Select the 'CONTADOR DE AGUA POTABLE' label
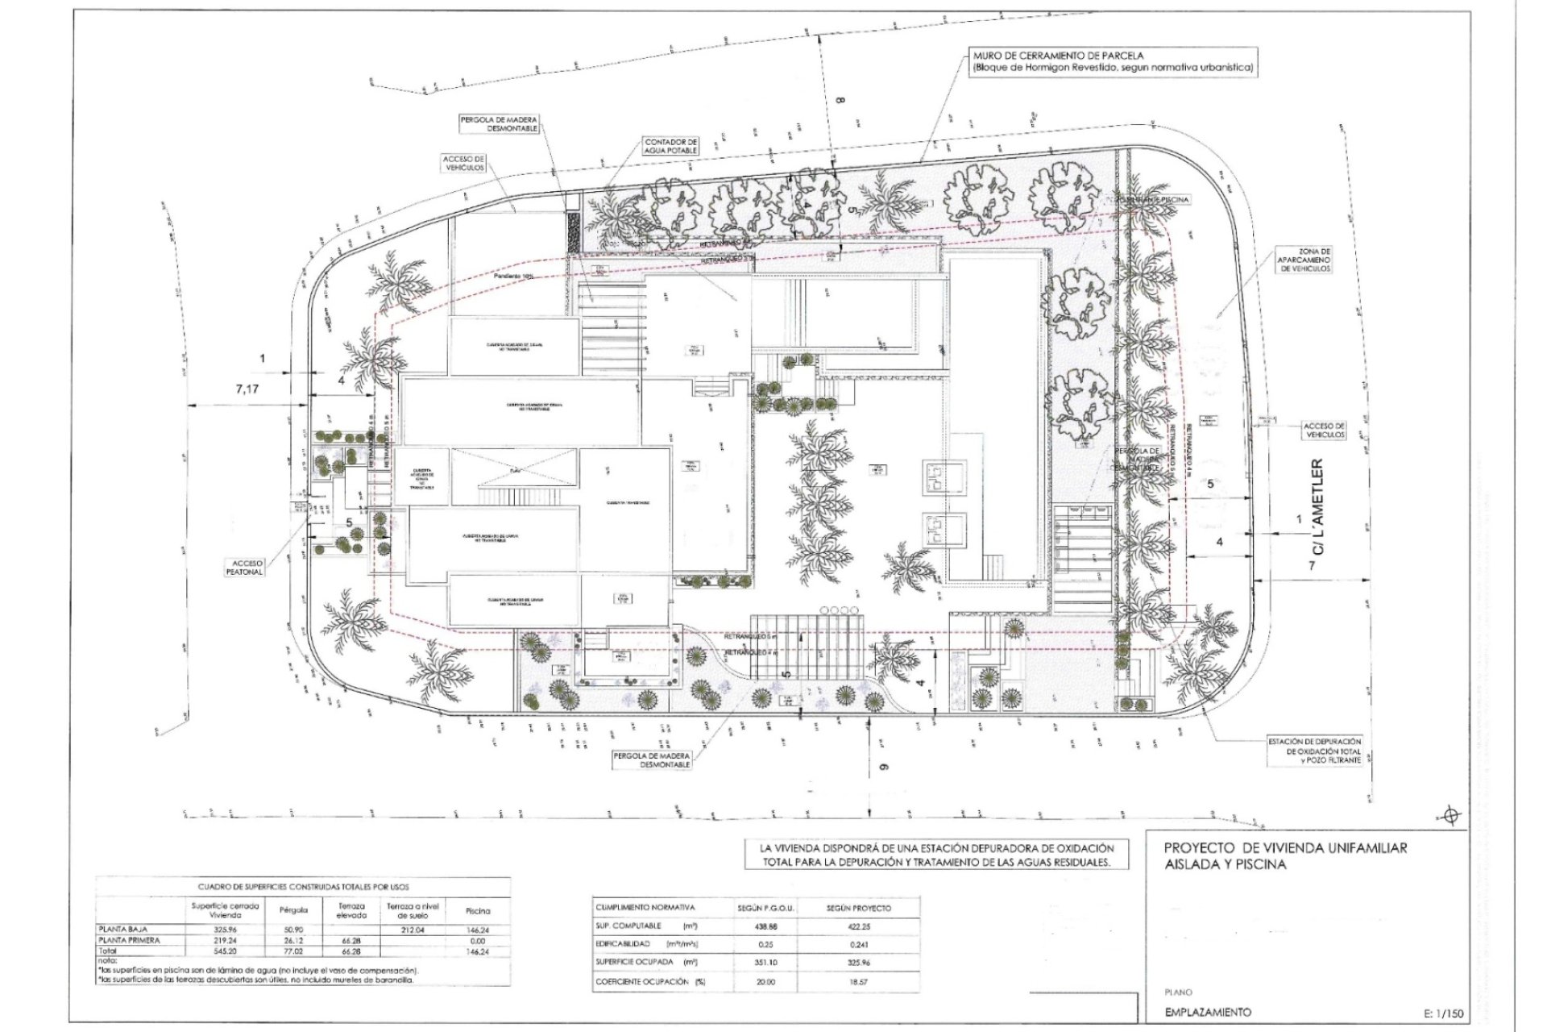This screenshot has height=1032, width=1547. [670, 146]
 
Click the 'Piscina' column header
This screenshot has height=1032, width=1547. [477, 910]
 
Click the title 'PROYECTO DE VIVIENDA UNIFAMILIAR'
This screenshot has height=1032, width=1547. [1285, 848]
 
